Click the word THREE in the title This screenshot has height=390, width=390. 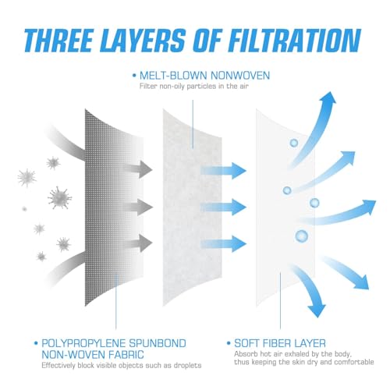click(58, 41)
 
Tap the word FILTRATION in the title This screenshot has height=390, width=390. click(295, 41)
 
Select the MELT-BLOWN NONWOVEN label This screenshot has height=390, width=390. click(204, 76)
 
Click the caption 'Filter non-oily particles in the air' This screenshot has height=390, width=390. click(194, 86)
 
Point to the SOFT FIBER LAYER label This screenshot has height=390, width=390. click(280, 343)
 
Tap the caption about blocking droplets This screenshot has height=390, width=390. click(122, 365)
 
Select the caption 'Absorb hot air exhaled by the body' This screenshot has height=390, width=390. click(293, 354)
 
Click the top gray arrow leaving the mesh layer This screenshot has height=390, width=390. click(138, 169)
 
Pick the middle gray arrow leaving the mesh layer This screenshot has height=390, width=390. click(138, 207)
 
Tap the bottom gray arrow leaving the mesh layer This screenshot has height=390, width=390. click(138, 243)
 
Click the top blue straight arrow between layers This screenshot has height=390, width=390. click(224, 171)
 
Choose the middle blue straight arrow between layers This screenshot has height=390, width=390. click(224, 207)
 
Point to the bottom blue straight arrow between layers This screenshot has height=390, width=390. click(224, 243)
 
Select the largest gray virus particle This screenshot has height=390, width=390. click(60, 197)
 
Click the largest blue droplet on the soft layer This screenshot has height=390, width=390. click(302, 236)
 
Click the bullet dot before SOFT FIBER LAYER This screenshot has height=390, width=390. click(229, 343)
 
